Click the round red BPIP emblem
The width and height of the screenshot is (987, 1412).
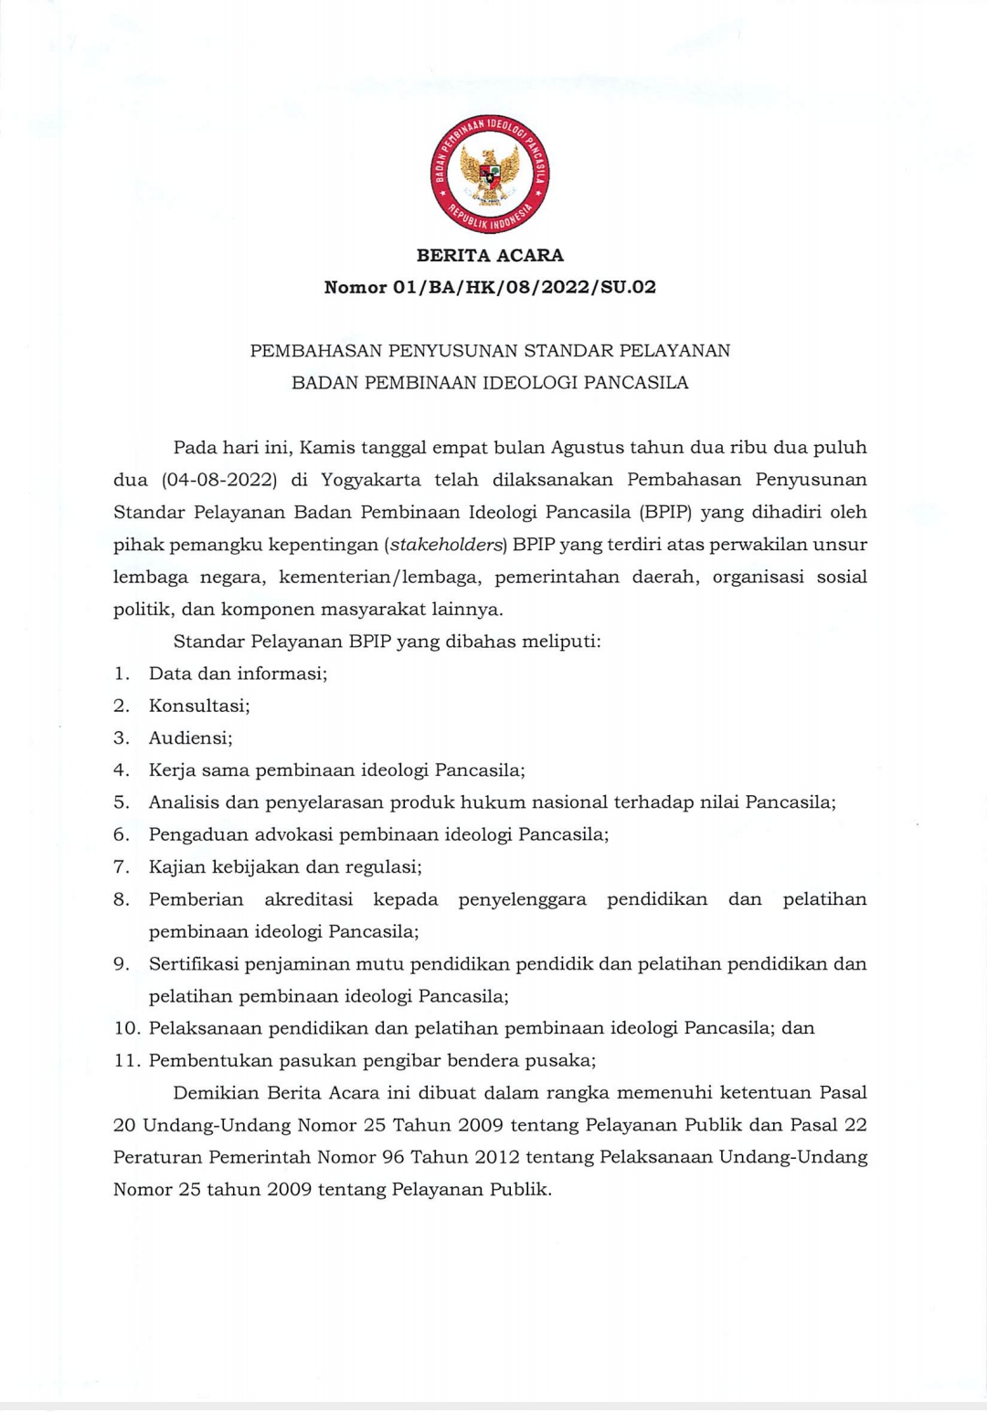(491, 174)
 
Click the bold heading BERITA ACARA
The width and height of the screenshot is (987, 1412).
(490, 256)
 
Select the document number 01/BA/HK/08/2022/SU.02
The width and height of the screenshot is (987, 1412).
(525, 288)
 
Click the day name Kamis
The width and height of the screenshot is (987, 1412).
(327, 448)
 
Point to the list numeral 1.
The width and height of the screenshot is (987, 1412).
(120, 674)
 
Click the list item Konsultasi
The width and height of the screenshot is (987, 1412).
(199, 706)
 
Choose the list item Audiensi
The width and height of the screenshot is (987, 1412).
(190, 738)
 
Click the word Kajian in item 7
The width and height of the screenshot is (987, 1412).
(177, 866)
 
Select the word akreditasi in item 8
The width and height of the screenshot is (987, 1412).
(309, 899)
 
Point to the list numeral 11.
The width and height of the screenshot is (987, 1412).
(126, 1060)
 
